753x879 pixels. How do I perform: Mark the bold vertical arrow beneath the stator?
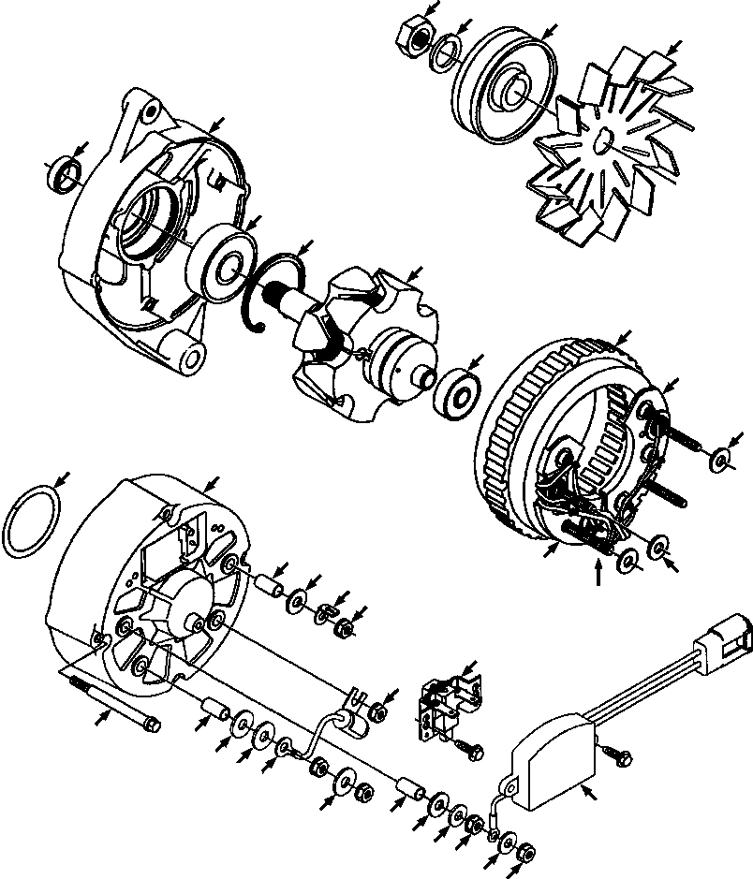pos(598,573)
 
